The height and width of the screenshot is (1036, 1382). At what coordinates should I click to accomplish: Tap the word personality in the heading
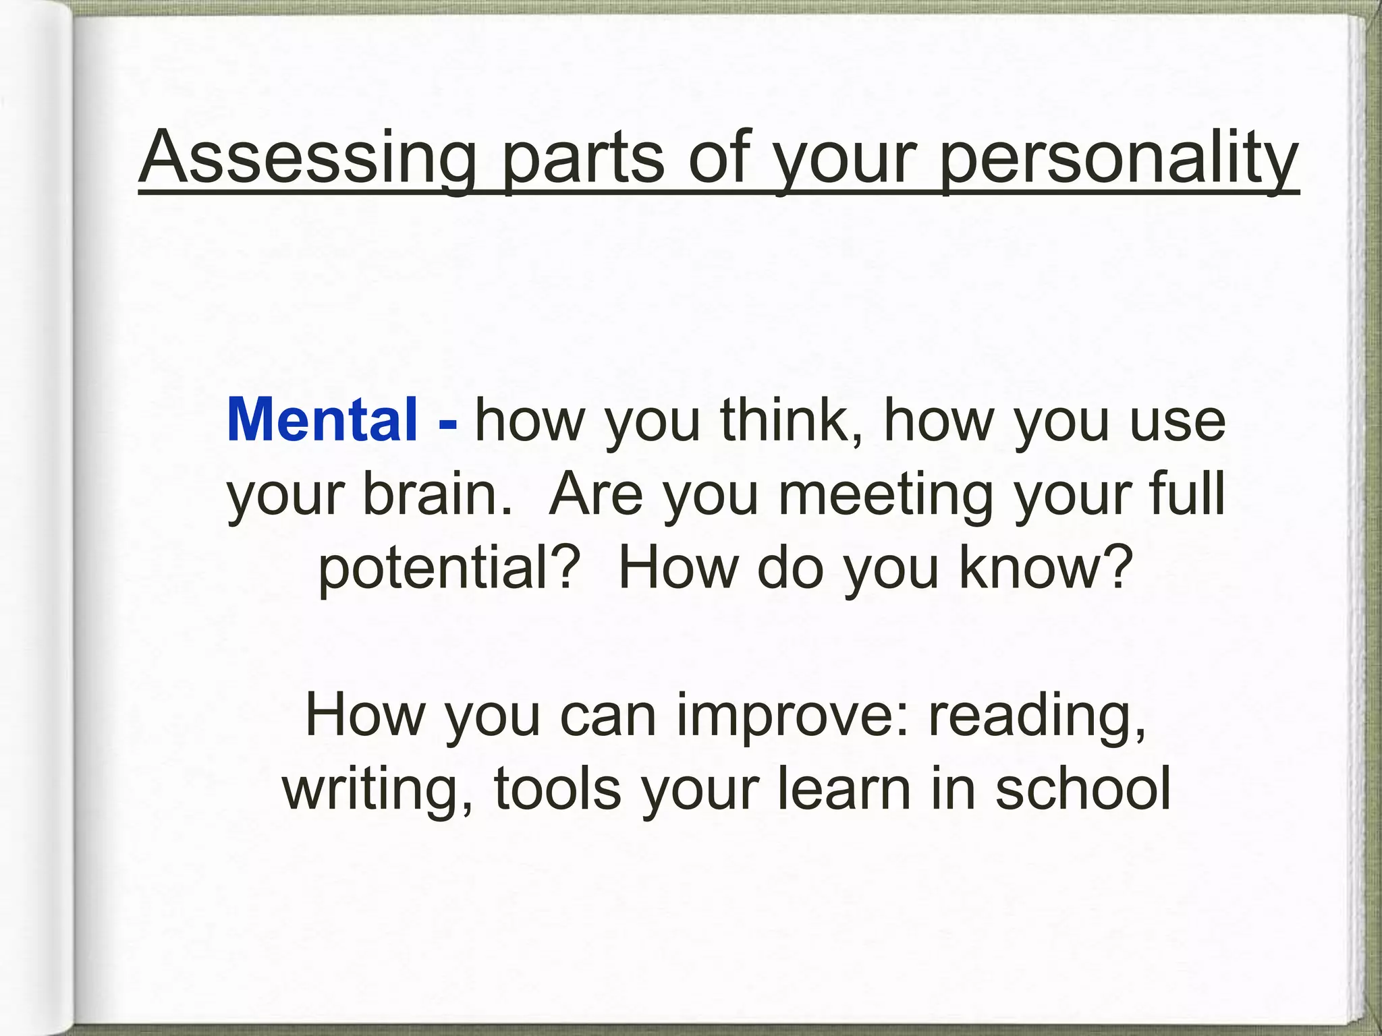[1118, 159]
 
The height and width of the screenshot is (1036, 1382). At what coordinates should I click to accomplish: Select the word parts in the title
[584, 159]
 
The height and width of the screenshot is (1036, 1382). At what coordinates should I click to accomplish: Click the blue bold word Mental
[323, 420]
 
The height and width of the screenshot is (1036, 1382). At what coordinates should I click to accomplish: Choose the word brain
[437, 494]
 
